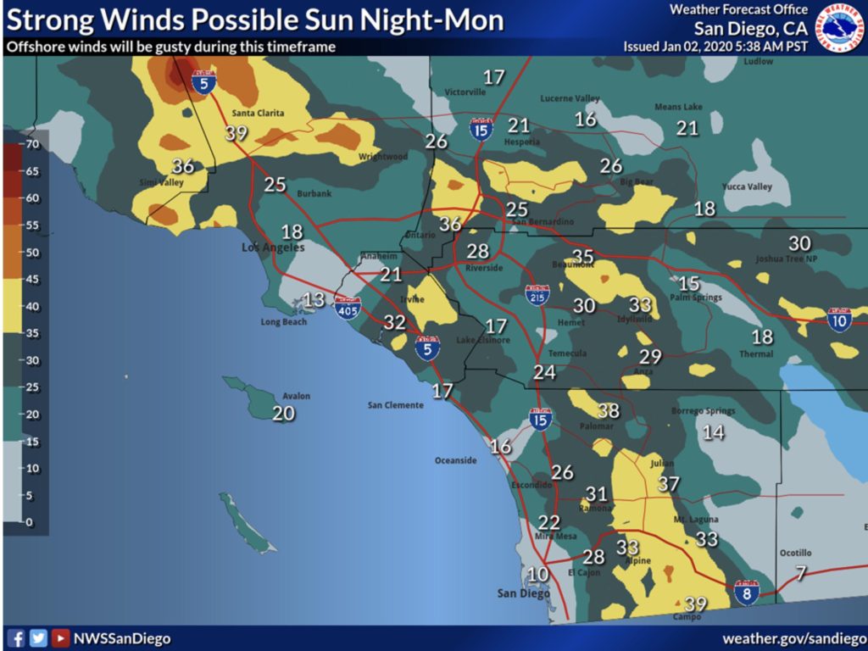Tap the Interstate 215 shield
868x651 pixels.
coord(537,294)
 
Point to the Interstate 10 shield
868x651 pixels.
coord(839,319)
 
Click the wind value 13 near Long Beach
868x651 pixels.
coord(314,299)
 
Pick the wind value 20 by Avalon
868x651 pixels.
coord(284,413)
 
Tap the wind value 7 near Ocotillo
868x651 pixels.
coord(801,573)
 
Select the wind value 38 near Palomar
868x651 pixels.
coord(609,410)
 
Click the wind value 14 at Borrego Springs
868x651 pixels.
coord(714,432)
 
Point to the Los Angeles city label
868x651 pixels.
coord(272,248)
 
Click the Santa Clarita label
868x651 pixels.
coord(258,114)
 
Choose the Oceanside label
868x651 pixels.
coord(455,460)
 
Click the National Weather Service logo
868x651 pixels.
coord(838,27)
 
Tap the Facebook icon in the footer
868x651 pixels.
coord(16,638)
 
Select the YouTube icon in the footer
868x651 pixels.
coord(60,638)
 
